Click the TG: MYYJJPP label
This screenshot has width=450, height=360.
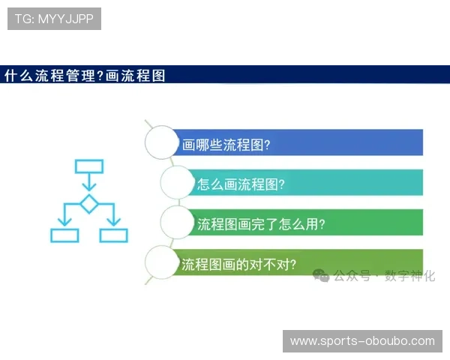click(x=54, y=19)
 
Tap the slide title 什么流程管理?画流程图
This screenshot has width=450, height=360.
click(x=85, y=75)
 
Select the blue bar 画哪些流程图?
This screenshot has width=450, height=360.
click(x=300, y=142)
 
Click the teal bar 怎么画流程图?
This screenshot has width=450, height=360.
click(x=307, y=183)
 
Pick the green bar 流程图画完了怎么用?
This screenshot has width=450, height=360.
click(x=307, y=223)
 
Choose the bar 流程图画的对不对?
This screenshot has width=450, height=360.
click(x=300, y=262)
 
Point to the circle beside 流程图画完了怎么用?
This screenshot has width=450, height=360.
click(x=178, y=223)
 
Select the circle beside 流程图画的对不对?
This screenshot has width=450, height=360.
click(x=163, y=262)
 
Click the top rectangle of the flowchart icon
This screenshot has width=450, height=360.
click(x=89, y=166)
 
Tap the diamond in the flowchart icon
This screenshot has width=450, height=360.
click(x=89, y=203)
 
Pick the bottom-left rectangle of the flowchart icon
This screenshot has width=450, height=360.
click(x=64, y=235)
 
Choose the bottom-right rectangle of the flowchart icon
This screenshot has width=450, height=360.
click(x=114, y=235)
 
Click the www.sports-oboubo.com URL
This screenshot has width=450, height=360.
click(x=362, y=341)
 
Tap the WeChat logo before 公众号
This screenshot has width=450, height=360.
click(x=322, y=276)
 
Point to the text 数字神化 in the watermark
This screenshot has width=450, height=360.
click(x=409, y=276)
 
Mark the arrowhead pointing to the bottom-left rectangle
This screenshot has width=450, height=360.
click(x=64, y=223)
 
